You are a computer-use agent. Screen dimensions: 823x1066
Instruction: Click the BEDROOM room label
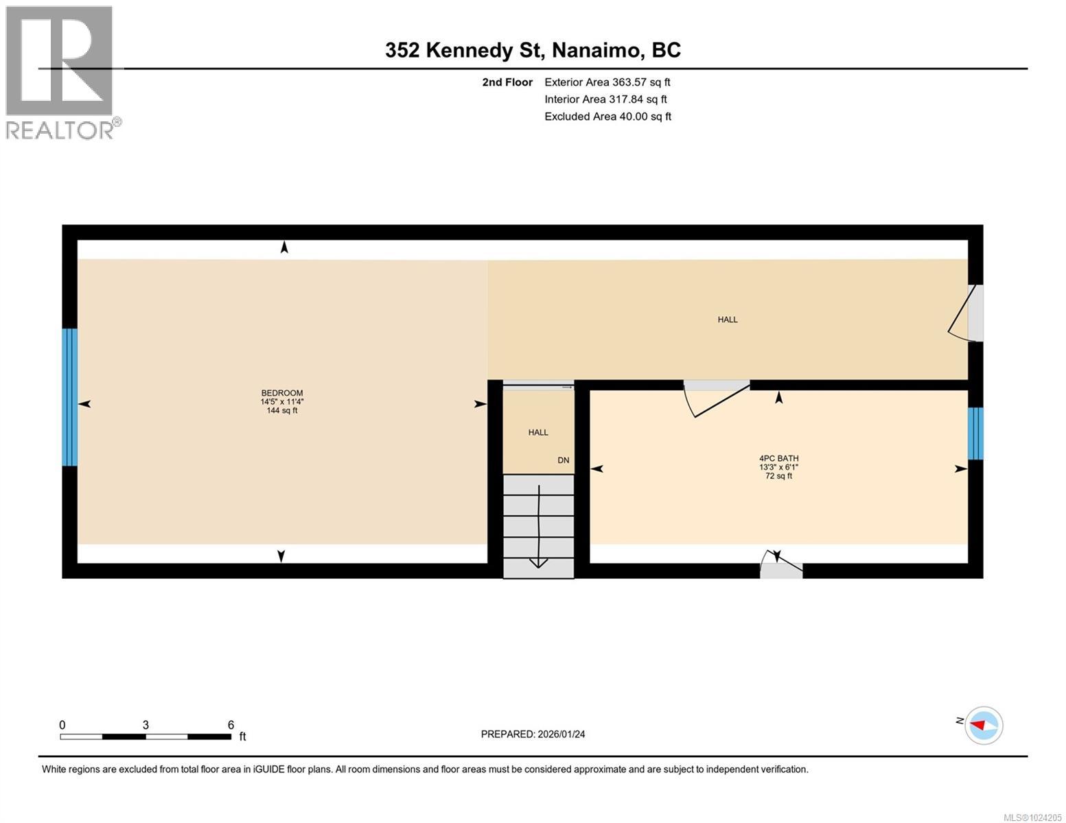pos(281,393)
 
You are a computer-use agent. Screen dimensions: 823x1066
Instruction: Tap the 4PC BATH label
pos(778,458)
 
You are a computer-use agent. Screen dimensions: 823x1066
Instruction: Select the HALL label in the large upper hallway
pos(728,320)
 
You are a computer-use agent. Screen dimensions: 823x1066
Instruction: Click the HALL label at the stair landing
pos(538,432)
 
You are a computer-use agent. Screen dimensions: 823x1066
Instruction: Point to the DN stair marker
pos(563,460)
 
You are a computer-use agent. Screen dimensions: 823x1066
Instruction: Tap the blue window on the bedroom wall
pos(69,397)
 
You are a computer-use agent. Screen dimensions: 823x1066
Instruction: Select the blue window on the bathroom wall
pos(975,433)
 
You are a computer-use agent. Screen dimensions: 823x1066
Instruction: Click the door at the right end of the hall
pos(968,313)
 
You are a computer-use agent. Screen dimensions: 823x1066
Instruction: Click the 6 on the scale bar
pos(231,725)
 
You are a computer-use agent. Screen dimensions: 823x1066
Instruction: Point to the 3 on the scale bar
pos(146,725)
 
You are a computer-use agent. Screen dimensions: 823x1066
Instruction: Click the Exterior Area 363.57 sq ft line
pos(607,82)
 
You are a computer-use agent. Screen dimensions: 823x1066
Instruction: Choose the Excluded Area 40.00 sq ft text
pos(607,117)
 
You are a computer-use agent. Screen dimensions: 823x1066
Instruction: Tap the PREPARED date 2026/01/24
pos(533,734)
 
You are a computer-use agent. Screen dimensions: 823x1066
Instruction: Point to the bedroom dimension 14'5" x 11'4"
pos(281,402)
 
